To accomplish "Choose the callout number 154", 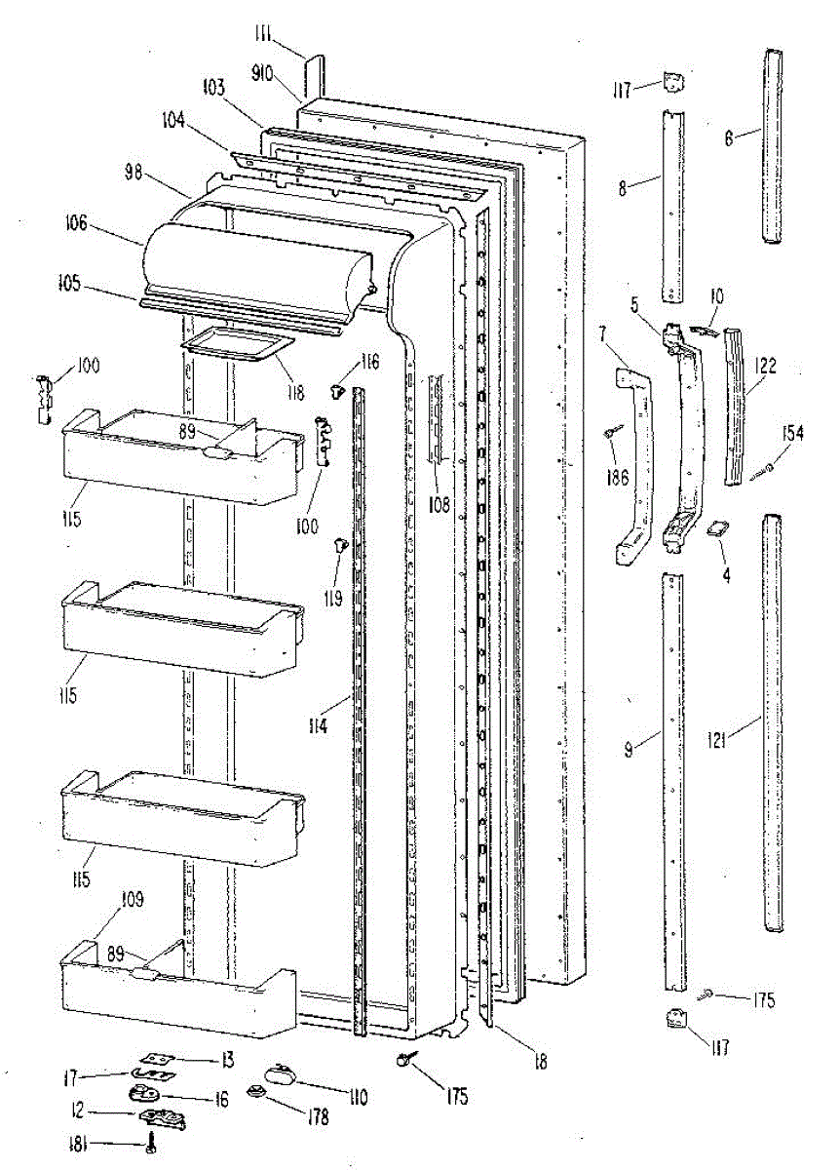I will pos(790,433).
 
